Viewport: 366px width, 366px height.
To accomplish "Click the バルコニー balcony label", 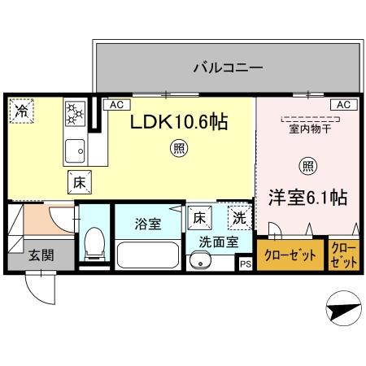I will (228, 68).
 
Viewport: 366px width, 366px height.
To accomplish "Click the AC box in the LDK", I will (116, 105).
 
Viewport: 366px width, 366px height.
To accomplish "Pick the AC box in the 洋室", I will (342, 105).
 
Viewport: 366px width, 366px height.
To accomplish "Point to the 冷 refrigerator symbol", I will (20, 111).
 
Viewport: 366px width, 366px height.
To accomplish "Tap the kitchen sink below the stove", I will (76, 150).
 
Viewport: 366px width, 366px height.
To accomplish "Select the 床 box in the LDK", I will (79, 183).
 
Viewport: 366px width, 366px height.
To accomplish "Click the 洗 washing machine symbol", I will (238, 217).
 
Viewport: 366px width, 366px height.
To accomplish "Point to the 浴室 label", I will (147, 220).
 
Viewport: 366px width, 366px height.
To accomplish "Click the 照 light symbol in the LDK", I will (176, 149).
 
